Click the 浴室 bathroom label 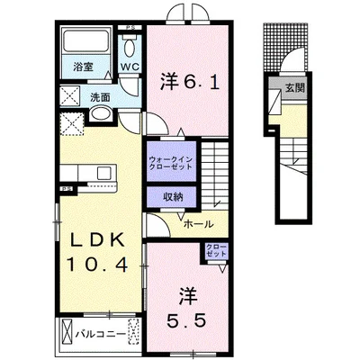83,67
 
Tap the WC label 130,67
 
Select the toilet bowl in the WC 130,47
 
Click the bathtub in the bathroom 85,40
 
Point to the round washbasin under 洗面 101,113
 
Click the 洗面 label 100,97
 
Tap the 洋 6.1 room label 189,81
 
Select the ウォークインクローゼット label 171,163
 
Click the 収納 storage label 173,196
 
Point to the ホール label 198,224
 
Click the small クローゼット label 217,250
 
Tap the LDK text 97,239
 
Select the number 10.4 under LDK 97,265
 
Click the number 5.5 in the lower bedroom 187,321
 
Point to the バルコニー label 100,333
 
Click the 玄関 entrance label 295,87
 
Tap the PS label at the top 130,28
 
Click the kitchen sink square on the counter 103,173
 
